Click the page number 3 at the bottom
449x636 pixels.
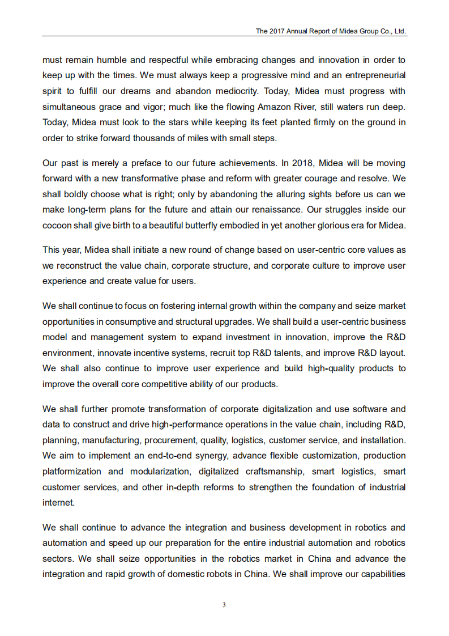click(x=224, y=605)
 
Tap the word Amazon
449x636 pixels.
click(x=275, y=107)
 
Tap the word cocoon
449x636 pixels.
click(x=57, y=225)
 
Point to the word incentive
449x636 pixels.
click(x=153, y=353)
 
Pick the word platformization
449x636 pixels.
click(x=71, y=471)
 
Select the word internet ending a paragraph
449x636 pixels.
click(x=58, y=502)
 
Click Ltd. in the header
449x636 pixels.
click(x=400, y=31)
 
